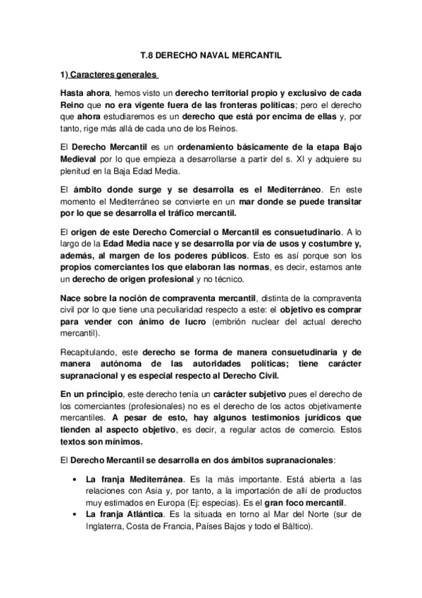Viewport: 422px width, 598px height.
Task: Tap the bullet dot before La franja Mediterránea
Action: pyautogui.click(x=75, y=480)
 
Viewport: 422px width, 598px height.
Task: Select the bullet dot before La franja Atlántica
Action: pyautogui.click(x=75, y=518)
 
